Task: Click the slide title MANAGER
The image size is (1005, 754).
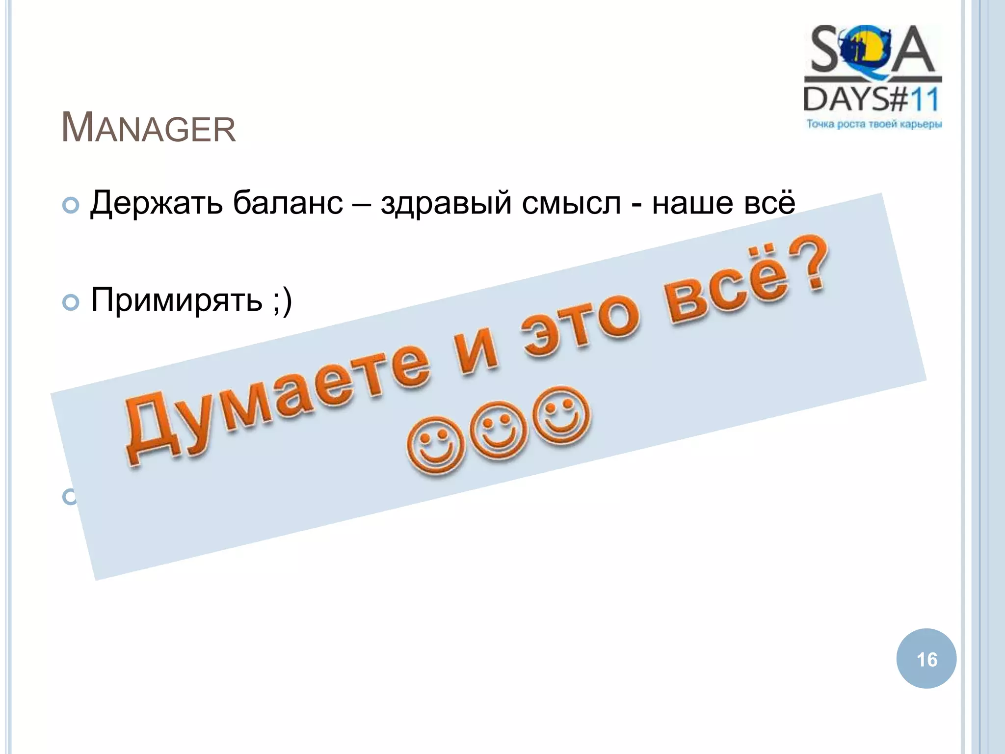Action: (x=148, y=129)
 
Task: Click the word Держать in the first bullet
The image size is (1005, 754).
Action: (x=156, y=203)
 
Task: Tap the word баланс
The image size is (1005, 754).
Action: (x=288, y=203)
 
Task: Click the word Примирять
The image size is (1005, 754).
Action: (x=177, y=300)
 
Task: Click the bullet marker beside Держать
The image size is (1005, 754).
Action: (x=71, y=206)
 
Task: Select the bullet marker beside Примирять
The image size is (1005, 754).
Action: (x=71, y=302)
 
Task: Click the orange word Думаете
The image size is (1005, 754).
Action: (x=275, y=393)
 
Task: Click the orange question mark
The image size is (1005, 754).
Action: (x=807, y=263)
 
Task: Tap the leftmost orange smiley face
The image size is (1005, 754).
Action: (x=435, y=444)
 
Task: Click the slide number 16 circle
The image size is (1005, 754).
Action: (x=926, y=659)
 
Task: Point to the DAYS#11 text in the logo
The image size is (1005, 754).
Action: (x=872, y=99)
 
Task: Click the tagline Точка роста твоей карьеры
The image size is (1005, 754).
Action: (x=874, y=124)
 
